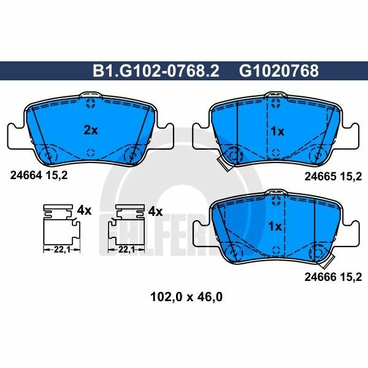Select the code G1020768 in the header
[278, 71]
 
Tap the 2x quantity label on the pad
[90, 129]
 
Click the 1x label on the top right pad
[277, 131]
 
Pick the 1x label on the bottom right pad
[275, 226]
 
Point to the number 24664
[26, 174]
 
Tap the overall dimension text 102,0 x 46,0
[187, 299]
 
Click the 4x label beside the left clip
[84, 211]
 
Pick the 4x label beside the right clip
[155, 211]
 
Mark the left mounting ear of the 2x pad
[15, 134]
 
